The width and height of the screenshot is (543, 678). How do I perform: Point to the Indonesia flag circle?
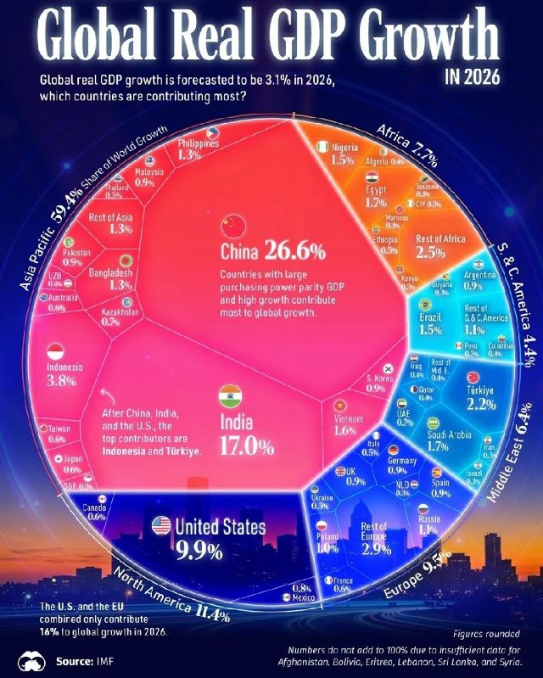[56, 350]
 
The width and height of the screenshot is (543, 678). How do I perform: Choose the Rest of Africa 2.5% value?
[440, 253]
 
